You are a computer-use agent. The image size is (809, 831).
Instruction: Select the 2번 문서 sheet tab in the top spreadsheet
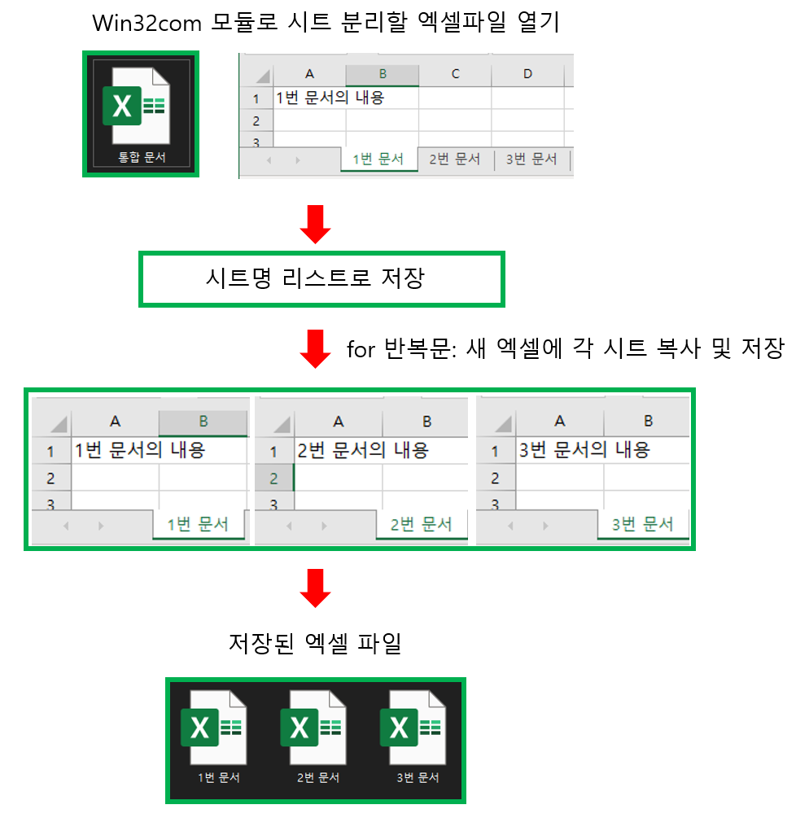454,160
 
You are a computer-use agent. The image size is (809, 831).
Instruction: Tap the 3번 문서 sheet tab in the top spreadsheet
531,160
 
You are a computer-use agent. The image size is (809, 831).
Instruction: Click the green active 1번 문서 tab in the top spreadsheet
378,160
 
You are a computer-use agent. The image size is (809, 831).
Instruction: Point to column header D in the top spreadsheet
527,74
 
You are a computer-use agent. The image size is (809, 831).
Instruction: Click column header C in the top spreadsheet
455,74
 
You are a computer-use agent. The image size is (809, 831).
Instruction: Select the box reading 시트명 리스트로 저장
322,279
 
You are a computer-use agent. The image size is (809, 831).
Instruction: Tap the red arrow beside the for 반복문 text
315,349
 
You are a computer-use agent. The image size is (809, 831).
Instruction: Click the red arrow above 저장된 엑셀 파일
315,588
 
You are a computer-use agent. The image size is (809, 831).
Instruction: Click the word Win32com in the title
135,23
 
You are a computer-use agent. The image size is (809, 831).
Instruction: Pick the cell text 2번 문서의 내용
362,450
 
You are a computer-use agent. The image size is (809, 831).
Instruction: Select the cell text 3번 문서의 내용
584,450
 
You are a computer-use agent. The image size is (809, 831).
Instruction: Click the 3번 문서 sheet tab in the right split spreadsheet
642,524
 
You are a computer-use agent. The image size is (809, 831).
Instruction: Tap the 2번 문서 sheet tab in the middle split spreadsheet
421,524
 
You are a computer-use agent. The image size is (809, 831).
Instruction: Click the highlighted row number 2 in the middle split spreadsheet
273,478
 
